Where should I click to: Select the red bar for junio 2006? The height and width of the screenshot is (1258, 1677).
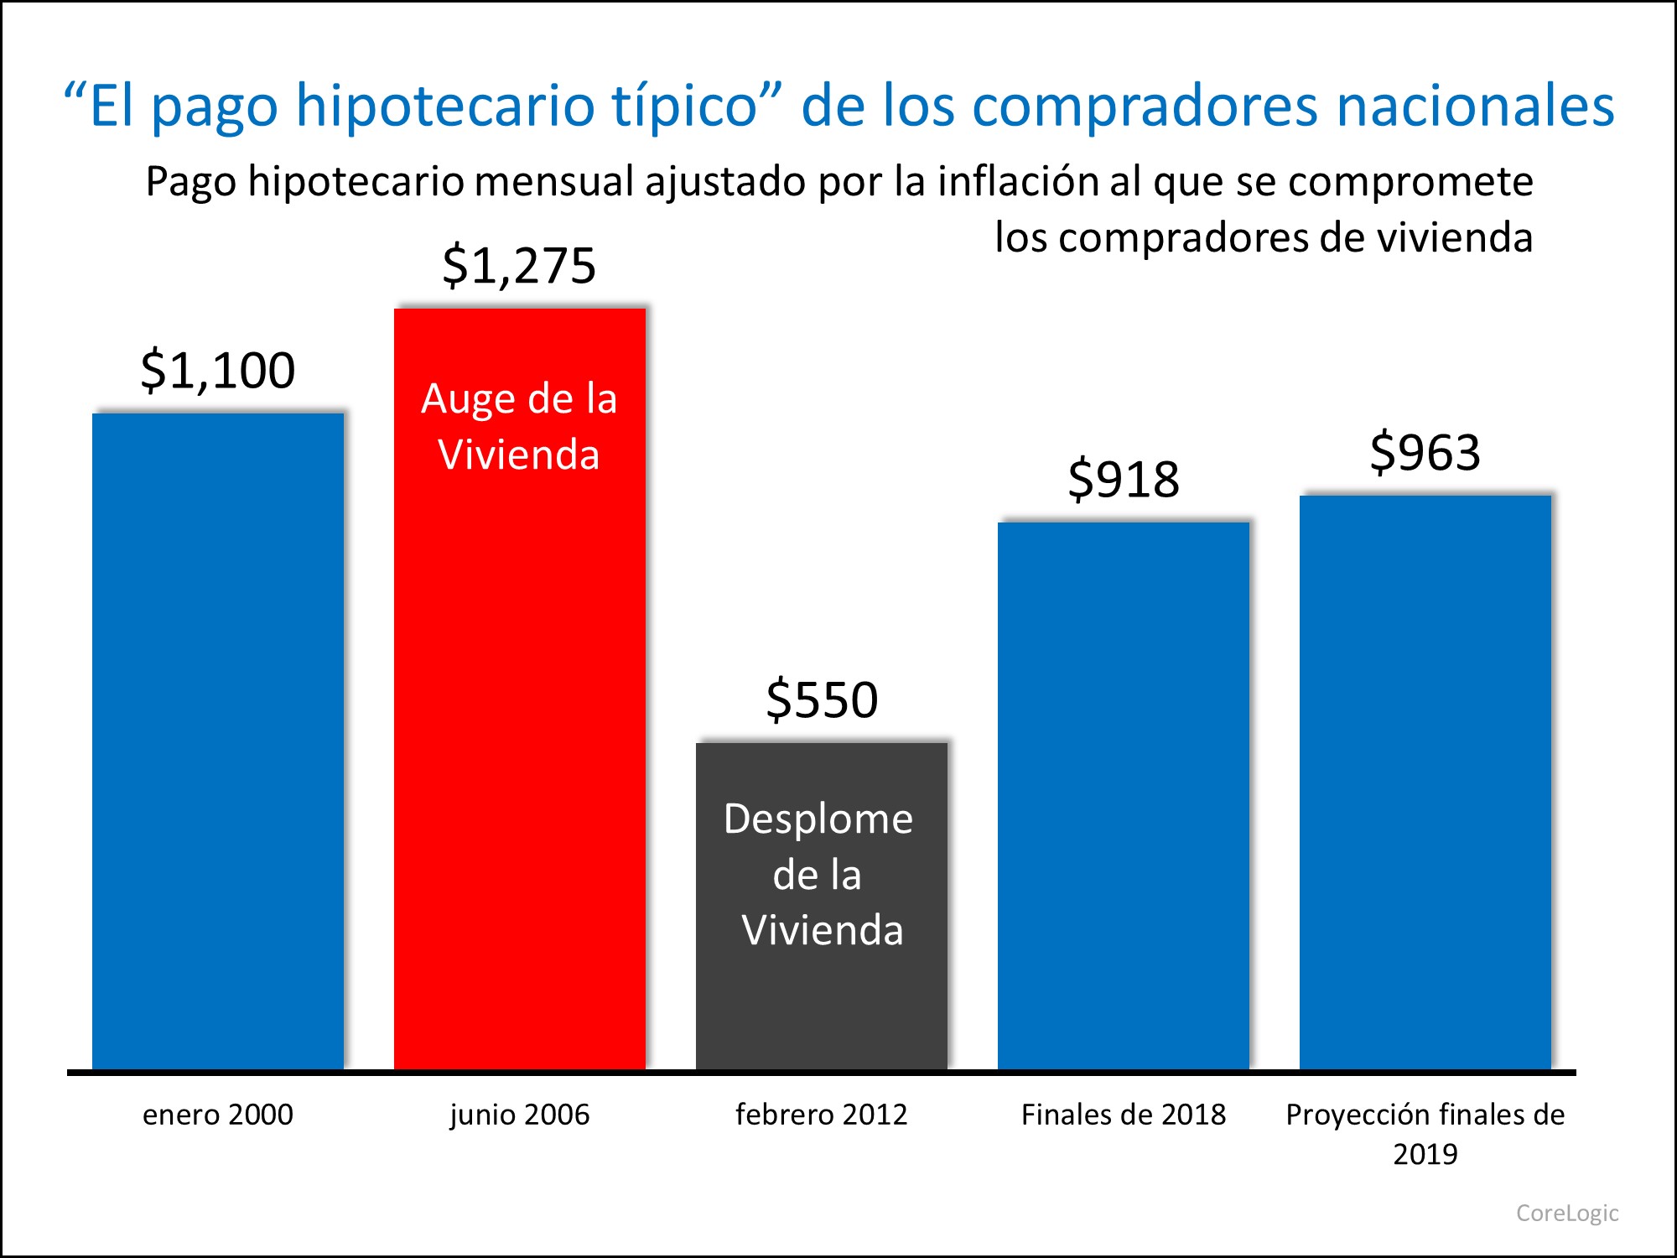point(520,713)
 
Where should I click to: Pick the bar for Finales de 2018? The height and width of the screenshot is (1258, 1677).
point(1124,797)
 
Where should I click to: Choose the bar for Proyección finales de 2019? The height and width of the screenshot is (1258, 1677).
point(1425,780)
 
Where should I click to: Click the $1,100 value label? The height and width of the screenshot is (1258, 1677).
point(218,370)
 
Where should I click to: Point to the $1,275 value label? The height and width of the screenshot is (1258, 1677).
point(519,265)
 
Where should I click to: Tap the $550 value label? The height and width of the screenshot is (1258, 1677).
point(822,699)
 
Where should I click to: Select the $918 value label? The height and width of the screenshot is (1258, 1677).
point(1124,480)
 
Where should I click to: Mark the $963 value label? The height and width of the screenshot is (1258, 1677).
point(1425,453)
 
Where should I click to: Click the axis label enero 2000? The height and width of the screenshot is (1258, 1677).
point(218,1115)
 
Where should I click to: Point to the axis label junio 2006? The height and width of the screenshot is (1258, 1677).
point(520,1115)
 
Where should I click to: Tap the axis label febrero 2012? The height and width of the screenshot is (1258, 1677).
point(822,1115)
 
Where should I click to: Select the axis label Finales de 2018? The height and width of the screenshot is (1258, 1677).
point(1124,1115)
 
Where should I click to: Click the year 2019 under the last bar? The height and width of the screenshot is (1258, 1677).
point(1425,1154)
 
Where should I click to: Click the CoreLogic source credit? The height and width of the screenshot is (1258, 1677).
point(1567,1213)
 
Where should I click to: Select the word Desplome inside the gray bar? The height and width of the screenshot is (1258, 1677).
point(818,819)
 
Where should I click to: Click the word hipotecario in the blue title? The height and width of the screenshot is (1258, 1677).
point(444,107)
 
